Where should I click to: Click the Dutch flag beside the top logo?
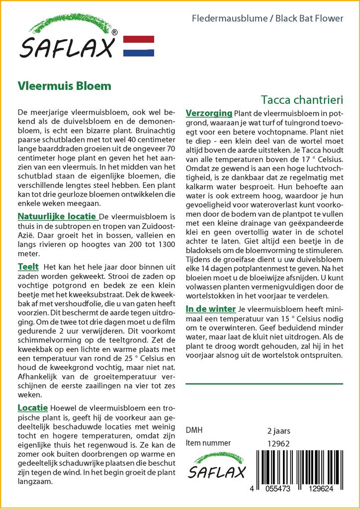[138, 46]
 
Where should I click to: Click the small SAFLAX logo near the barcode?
[216, 468]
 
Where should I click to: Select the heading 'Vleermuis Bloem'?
[64, 85]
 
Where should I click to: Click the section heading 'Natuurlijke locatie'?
[57, 217]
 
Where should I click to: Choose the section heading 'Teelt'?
[28, 267]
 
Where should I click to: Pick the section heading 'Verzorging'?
[209, 113]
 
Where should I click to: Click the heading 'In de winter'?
[210, 309]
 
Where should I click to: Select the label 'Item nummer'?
[208, 443]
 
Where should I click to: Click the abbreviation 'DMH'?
[194, 430]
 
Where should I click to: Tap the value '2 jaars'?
[279, 430]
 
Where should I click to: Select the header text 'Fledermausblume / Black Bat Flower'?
[267, 19]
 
